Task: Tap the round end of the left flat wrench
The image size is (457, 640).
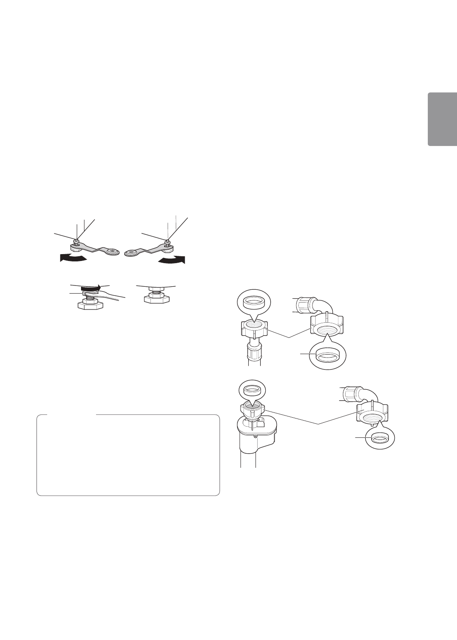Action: point(113,251)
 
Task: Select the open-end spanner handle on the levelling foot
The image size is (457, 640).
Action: point(114,294)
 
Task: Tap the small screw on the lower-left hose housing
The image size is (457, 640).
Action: point(256,437)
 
